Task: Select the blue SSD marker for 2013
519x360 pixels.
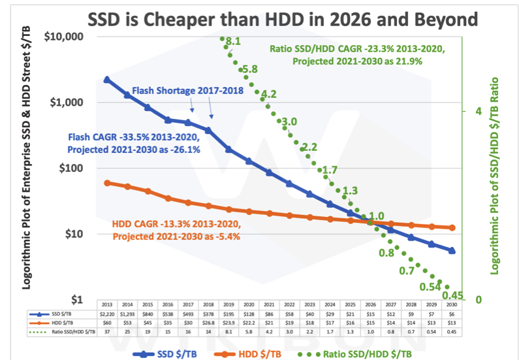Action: pyautogui.click(x=107, y=80)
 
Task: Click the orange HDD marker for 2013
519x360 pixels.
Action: pyautogui.click(x=107, y=183)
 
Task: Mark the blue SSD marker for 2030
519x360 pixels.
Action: pyautogui.click(x=452, y=250)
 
